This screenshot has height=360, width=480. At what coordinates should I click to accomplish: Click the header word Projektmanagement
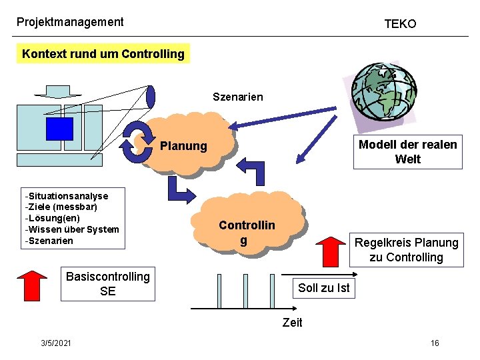[70, 22]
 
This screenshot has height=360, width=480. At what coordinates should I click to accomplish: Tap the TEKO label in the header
[400, 24]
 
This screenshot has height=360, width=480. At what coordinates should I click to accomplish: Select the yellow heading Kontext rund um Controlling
[103, 54]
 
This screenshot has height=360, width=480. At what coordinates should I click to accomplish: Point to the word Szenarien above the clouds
[237, 97]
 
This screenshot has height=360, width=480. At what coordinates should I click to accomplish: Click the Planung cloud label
[184, 146]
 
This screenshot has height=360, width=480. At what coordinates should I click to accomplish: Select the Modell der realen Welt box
[407, 152]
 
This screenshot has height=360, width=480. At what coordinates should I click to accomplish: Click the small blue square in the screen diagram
[59, 128]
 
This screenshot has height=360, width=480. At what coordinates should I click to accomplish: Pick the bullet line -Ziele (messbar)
[61, 207]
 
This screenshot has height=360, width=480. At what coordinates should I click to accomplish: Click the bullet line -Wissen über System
[71, 229]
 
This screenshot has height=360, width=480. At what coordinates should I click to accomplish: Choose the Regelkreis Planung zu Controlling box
[406, 250]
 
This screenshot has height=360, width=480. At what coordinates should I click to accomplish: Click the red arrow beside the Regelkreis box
[328, 251]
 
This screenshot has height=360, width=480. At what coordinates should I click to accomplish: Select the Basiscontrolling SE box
[107, 283]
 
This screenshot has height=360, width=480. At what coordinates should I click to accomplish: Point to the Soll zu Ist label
[323, 288]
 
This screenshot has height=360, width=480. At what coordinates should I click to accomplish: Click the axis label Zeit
[292, 323]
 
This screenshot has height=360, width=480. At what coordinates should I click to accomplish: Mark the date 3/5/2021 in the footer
[57, 343]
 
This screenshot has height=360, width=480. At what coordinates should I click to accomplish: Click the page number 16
[435, 343]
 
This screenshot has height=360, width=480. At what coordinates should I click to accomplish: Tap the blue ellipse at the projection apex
[151, 96]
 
